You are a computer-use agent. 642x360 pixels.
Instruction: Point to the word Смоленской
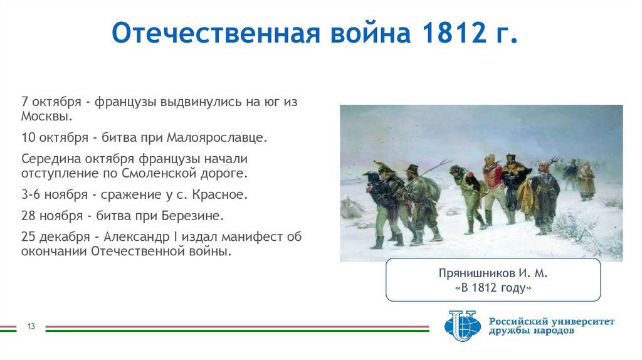pos(159,172)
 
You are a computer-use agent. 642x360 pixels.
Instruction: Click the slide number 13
pos(30,326)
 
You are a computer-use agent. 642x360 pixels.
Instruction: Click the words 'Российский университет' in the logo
pos(552,321)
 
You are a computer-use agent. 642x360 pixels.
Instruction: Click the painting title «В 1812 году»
pos(493,288)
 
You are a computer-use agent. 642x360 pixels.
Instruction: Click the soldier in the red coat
pos(492,182)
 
